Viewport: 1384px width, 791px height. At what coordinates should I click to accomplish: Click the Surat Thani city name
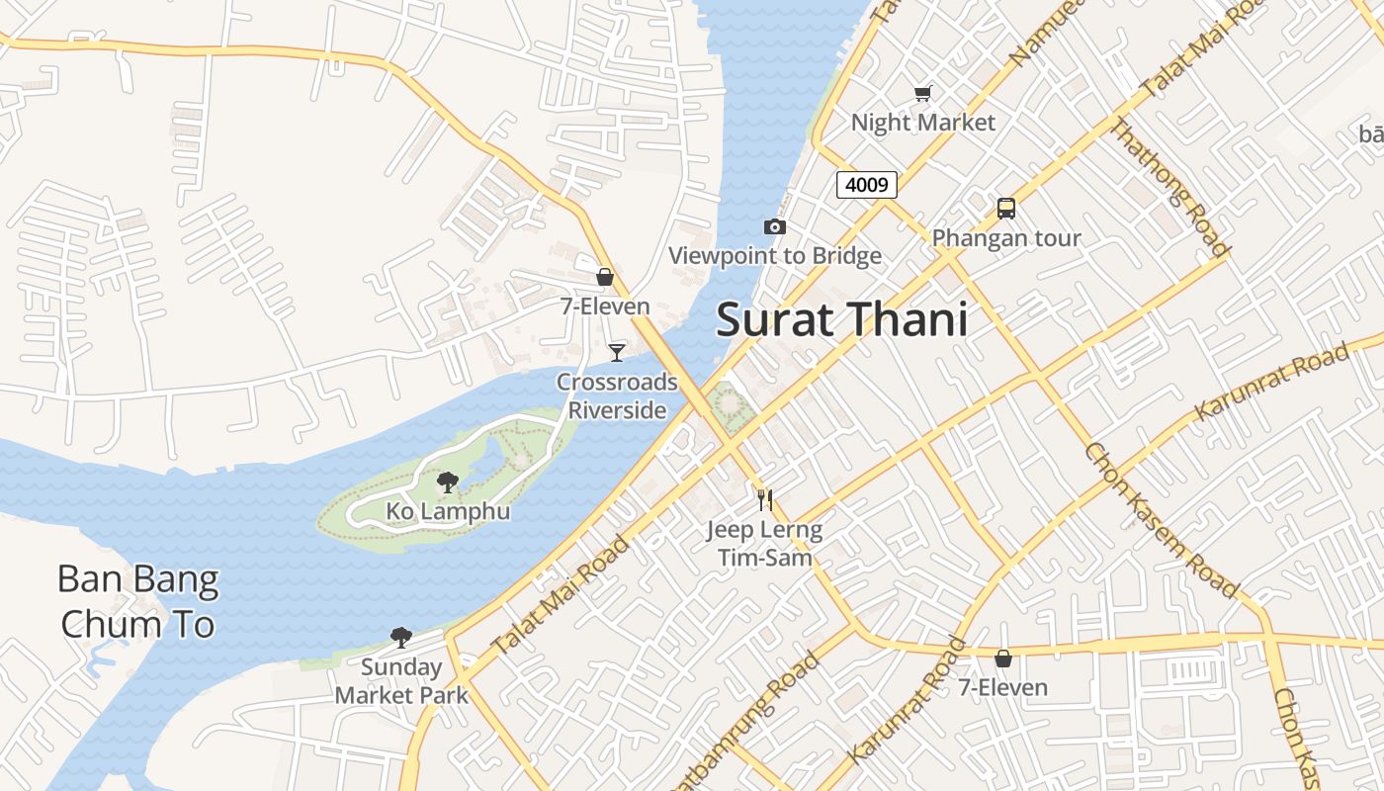point(841,320)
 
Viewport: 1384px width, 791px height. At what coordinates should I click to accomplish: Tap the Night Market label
point(923,123)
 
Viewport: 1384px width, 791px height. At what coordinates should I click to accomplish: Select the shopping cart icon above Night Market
point(922,93)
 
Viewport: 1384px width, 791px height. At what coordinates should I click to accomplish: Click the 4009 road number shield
point(866,184)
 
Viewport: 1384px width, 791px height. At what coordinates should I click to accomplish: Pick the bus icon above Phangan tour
point(1005,209)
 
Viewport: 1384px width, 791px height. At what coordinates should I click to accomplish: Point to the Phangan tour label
point(1006,238)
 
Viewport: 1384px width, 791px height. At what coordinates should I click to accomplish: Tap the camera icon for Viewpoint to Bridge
point(775,227)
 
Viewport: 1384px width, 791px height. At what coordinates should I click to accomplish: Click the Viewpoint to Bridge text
point(775,256)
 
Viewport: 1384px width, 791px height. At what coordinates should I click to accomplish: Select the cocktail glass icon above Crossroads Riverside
point(617,352)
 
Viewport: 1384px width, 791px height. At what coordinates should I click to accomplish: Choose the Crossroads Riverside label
point(617,395)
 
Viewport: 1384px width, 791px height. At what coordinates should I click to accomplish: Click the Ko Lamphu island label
point(448,511)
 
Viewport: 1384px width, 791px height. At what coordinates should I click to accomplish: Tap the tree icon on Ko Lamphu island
point(448,483)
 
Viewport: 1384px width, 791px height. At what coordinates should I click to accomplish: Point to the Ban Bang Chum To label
point(137,601)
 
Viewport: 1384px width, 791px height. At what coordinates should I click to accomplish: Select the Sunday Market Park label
point(401,680)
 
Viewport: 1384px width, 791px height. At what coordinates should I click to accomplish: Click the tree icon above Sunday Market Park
point(400,637)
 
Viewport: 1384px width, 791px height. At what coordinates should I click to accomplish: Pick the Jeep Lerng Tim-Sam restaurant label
point(764,543)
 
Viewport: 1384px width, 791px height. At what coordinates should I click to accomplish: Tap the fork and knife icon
point(764,499)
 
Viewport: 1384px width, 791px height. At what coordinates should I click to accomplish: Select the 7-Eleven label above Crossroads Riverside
point(605,307)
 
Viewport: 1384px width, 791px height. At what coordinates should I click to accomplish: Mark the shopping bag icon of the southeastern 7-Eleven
point(1003,658)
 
